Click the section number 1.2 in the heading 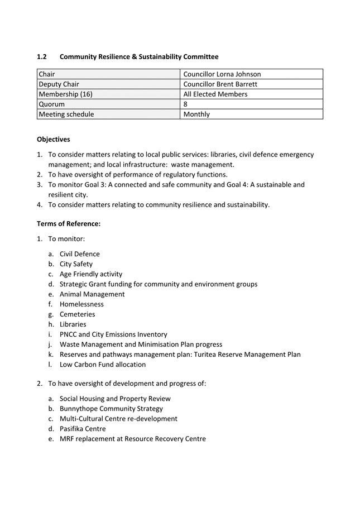point(42,57)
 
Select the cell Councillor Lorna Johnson point(222,74)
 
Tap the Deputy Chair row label point(59,84)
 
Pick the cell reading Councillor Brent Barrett point(220,84)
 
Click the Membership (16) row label point(66,94)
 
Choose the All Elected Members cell point(215,94)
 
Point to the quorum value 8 point(186,104)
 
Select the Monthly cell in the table point(196,114)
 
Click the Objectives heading point(54,140)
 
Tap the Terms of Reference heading point(69,224)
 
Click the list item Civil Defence point(80,254)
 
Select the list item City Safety point(76,264)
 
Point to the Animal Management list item point(92,294)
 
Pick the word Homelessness point(81,304)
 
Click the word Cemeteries point(78,314)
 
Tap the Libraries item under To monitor point(73,324)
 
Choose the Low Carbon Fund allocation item point(103,365)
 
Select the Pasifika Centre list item point(83,429)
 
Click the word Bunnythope point(79,409)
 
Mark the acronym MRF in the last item point(68,439)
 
